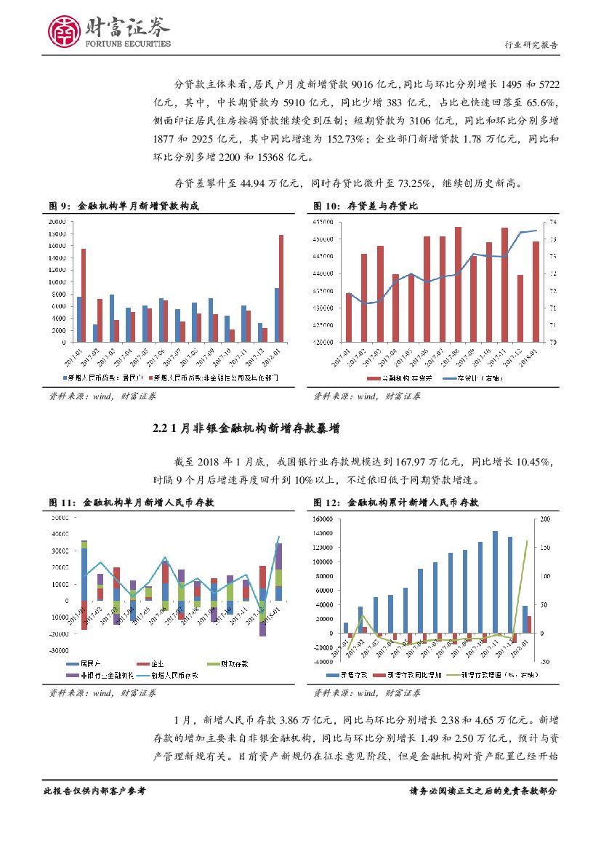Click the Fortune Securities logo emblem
click(x=64, y=31)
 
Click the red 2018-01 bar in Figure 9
click(x=281, y=288)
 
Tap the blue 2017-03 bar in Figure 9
click(x=111, y=318)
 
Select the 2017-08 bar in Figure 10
click(x=458, y=284)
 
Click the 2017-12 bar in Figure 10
click(x=520, y=308)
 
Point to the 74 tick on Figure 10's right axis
click(x=552, y=222)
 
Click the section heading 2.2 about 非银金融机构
click(x=246, y=430)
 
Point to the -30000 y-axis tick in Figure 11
click(x=58, y=651)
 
